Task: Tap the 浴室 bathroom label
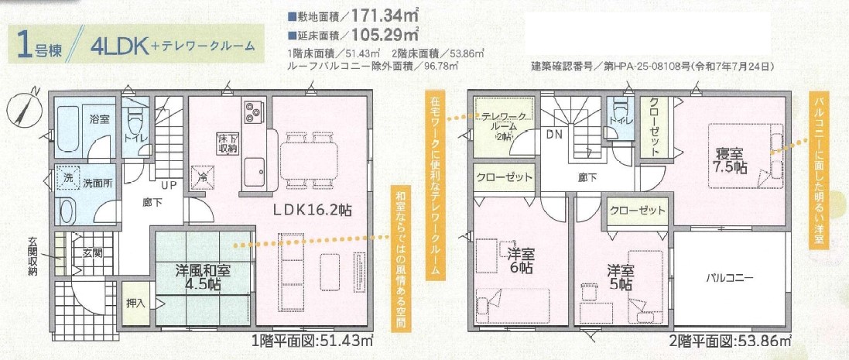point(99,119)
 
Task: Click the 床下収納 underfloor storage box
point(227,142)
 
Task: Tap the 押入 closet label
point(135,303)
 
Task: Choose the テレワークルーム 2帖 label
point(503,125)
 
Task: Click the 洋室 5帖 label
point(620,276)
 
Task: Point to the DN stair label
point(553,134)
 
